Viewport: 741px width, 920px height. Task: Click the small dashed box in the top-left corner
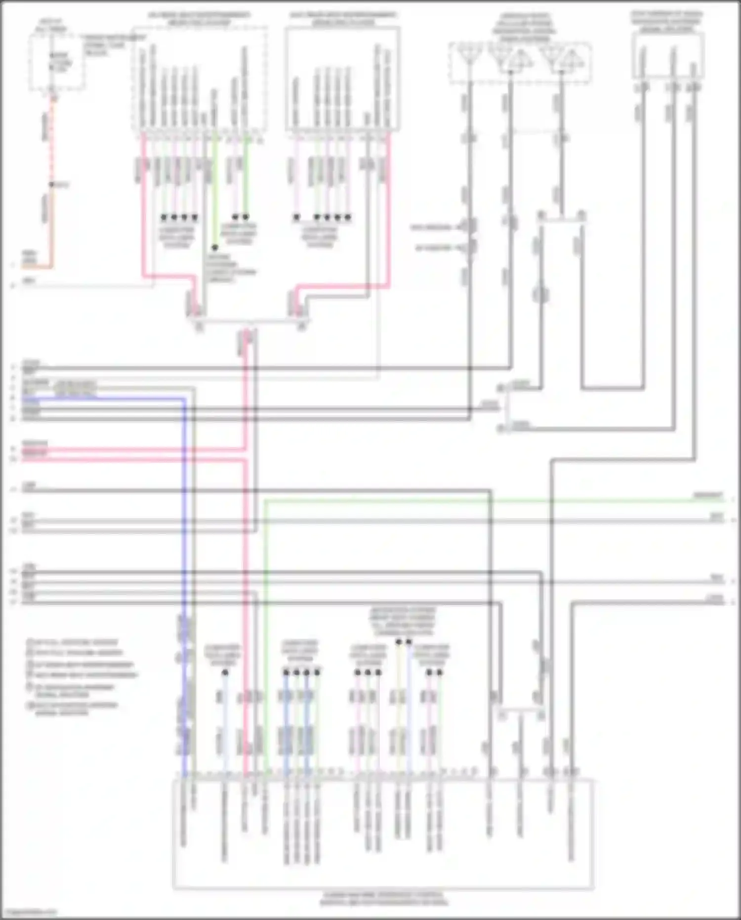[56, 63]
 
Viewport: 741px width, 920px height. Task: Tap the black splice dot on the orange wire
[51, 185]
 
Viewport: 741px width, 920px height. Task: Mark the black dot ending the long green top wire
[215, 247]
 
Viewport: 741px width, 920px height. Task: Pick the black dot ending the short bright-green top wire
[246, 217]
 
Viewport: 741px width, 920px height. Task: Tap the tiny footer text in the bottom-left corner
[29, 912]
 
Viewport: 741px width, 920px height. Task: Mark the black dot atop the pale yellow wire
[399, 642]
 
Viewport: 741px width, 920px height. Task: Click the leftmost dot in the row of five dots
[296, 217]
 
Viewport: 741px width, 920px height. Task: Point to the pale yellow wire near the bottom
[399, 717]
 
